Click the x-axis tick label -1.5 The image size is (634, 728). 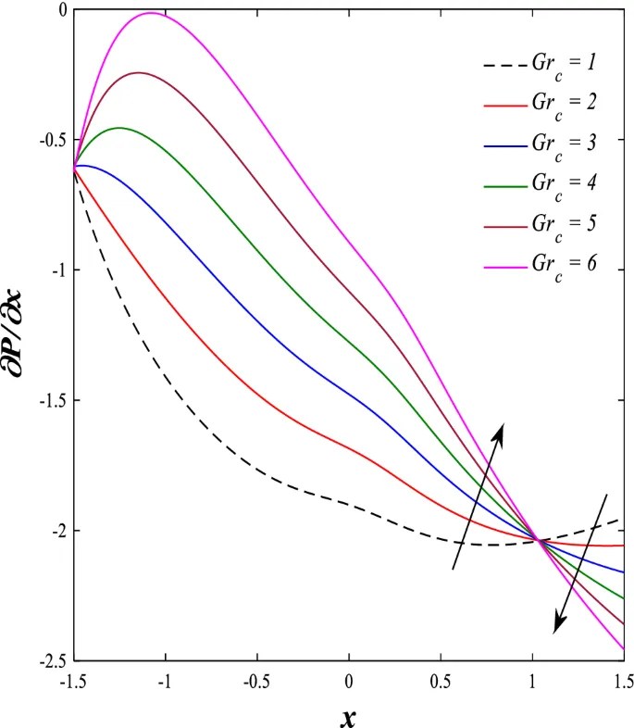coord(73,683)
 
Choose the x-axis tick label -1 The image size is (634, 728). coord(166,683)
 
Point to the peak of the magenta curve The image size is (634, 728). coord(150,13)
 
